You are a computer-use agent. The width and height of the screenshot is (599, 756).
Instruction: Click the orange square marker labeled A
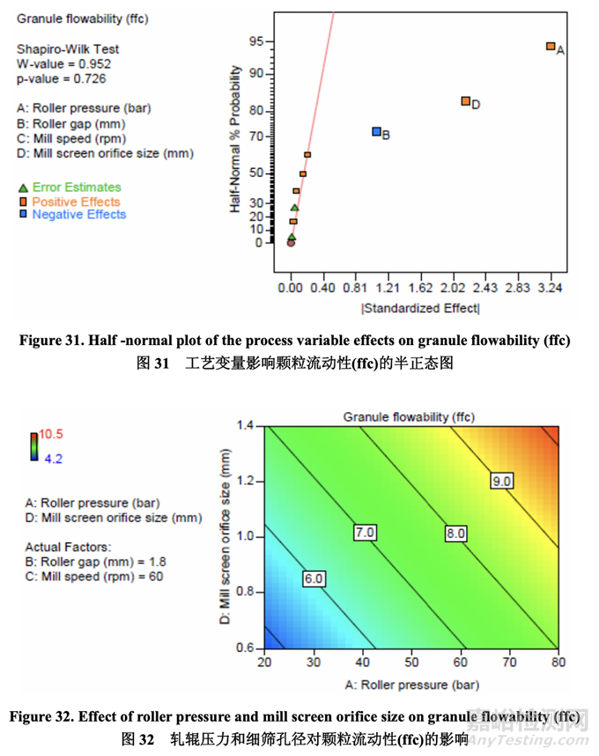551,47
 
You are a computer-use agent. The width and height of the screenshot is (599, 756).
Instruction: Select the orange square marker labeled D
466,101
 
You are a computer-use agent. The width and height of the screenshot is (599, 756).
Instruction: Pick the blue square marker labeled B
376,132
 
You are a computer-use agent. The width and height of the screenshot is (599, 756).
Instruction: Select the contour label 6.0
314,578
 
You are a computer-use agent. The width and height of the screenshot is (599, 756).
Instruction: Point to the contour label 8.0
455,532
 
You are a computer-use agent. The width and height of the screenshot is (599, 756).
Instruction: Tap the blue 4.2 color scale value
52,458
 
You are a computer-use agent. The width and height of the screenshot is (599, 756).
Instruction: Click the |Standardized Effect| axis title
420,308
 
